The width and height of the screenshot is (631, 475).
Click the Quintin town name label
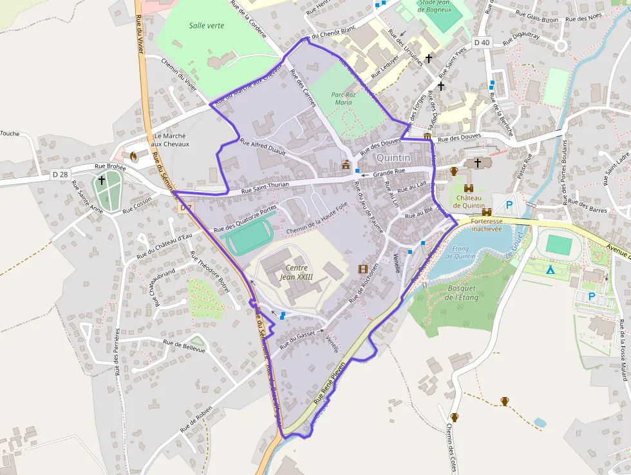393,158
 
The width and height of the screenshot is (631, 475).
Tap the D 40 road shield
481,43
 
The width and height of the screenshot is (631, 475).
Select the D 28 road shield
60,175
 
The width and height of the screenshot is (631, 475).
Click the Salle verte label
202,26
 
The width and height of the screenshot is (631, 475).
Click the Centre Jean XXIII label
296,272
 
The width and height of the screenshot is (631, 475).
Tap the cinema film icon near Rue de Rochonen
363,269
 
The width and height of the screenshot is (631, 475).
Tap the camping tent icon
550,269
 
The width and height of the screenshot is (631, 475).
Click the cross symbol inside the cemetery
102,181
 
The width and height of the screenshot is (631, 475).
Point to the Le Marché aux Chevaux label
170,140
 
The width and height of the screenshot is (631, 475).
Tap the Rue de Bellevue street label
184,346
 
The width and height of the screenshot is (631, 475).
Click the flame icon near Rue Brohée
133,156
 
